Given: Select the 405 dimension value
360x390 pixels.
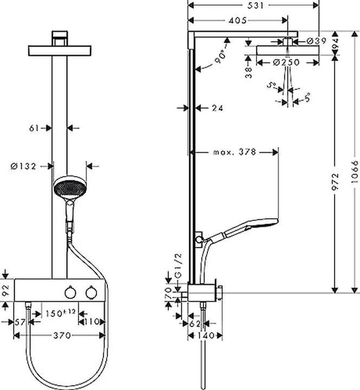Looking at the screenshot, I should point(237,20).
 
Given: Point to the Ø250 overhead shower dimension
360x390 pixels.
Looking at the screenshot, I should point(286,62).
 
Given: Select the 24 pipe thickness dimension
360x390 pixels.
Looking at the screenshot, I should point(217,108).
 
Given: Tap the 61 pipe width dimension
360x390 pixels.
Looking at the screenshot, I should point(34,128).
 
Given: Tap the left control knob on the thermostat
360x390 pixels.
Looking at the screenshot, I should point(69,292).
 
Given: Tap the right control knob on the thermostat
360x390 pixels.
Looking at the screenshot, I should point(89,292).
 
